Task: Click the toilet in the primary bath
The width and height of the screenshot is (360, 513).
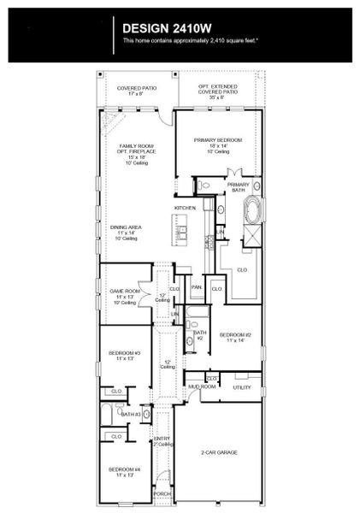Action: pyautogui.click(x=204, y=186)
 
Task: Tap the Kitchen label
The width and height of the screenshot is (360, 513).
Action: pyautogui.click(x=186, y=208)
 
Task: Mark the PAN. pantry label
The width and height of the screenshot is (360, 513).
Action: pyautogui.click(x=196, y=287)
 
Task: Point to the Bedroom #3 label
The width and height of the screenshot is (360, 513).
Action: pyautogui.click(x=124, y=356)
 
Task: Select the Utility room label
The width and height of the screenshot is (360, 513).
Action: pyautogui.click(x=242, y=387)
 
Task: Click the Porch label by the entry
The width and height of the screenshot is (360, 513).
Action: pyautogui.click(x=162, y=493)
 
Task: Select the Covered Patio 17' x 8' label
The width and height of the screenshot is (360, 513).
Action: pyautogui.click(x=137, y=89)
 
